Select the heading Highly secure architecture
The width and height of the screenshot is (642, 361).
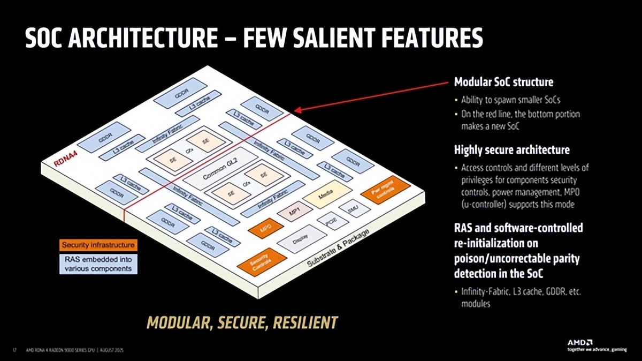511,149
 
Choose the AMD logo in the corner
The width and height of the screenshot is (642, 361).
580,341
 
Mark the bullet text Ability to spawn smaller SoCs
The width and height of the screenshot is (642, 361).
511,100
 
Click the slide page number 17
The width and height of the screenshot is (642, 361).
13,351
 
